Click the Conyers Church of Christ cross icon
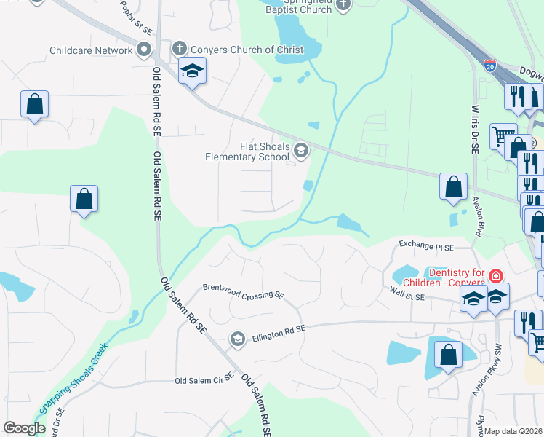pyautogui.click(x=180, y=50)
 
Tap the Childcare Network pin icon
pyautogui.click(x=144, y=50)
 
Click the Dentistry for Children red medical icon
pyautogui.click(x=495, y=275)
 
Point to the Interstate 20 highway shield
pyautogui.click(x=490, y=66)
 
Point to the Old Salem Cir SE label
pyautogui.click(x=204, y=379)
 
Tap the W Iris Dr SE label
pyautogui.click(x=473, y=128)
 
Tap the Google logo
pyautogui.click(x=24, y=428)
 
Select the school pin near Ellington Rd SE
pyautogui.click(x=237, y=339)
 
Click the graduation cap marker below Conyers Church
pyautogui.click(x=193, y=71)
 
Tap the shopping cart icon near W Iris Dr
pyautogui.click(x=502, y=135)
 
